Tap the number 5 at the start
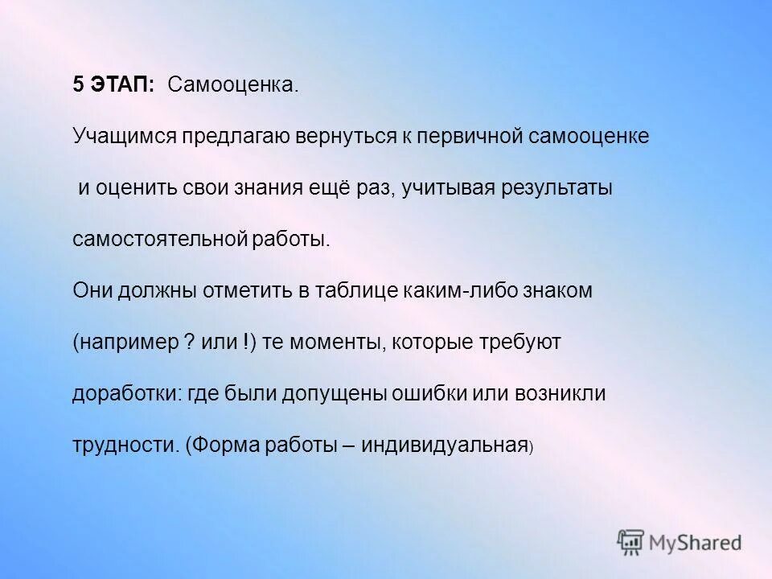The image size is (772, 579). pos(78,86)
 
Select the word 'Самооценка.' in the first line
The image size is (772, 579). pos(232,86)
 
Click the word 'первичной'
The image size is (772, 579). pos(458,138)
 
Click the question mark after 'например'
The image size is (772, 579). pos(188,343)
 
